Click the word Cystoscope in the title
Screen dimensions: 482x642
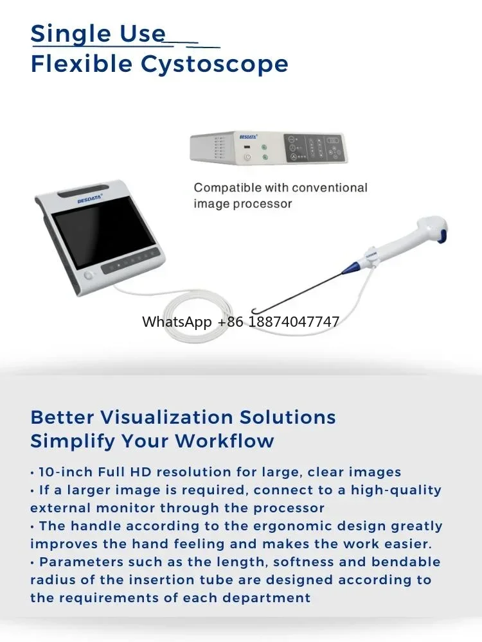point(215,64)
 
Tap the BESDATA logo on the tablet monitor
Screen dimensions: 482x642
point(90,199)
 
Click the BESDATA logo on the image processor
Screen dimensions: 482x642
point(248,136)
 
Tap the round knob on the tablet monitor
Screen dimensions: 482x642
point(88,275)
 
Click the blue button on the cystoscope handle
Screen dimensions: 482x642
point(442,236)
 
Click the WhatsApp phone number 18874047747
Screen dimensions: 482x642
point(294,322)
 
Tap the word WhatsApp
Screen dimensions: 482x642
point(177,322)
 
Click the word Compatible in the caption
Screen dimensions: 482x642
point(228,188)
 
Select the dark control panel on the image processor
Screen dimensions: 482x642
point(314,148)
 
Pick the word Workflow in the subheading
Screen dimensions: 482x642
point(224,441)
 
